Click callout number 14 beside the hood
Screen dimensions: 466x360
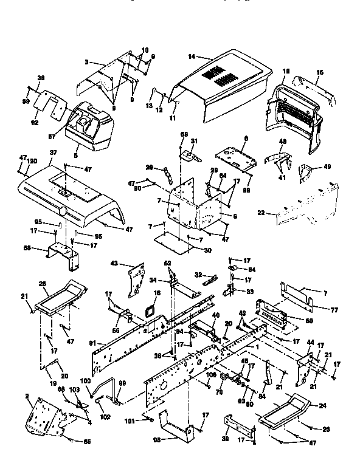pos(191,57)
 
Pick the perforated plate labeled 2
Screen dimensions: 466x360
pos(43,416)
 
